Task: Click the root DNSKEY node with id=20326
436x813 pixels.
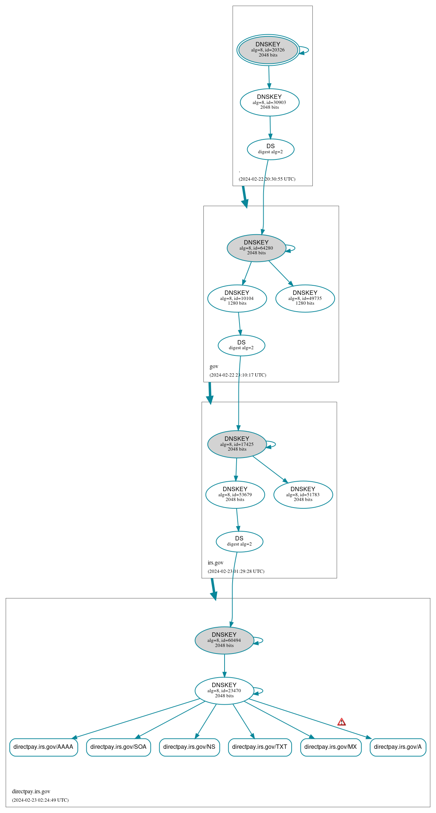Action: tap(268, 50)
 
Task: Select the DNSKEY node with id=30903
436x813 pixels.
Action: tap(269, 102)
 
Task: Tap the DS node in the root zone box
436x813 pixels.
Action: tap(270, 149)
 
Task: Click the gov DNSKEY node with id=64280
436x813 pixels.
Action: tap(256, 248)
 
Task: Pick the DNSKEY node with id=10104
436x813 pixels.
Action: tap(237, 298)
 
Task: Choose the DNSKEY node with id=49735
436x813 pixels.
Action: tap(305, 298)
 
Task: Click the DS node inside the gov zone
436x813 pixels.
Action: tap(241, 345)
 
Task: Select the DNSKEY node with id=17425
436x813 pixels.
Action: tap(237, 444)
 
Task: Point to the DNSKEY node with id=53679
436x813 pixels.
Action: tap(235, 494)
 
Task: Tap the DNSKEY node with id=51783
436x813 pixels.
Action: tap(303, 494)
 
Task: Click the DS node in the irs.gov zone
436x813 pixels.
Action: tap(239, 541)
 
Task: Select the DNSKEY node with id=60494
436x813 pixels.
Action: tap(224, 640)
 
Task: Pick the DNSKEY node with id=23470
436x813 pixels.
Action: tap(224, 690)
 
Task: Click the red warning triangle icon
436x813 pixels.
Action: tap(341, 722)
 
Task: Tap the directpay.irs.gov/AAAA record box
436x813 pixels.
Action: tap(43, 747)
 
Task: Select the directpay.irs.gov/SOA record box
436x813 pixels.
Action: tap(118, 747)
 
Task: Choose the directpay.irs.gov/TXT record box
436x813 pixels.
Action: tap(260, 747)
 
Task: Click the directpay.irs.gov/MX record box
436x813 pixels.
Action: tap(331, 747)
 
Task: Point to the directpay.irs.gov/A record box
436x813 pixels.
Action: tap(398, 747)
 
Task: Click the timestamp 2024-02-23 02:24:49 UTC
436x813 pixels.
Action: tap(40, 800)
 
